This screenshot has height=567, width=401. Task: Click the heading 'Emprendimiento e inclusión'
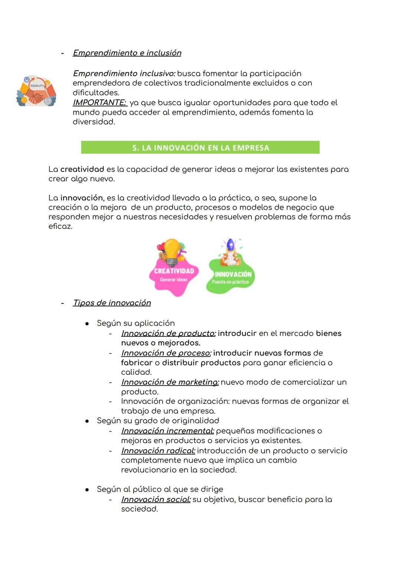tap(127, 53)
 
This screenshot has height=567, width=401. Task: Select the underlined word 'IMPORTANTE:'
tap(100, 103)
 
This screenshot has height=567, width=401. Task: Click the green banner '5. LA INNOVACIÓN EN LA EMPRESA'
tap(200, 148)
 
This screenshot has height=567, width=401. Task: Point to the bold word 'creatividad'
tap(82, 170)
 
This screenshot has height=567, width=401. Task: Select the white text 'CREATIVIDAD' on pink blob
tap(174, 271)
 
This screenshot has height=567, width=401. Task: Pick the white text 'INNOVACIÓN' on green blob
tap(233, 274)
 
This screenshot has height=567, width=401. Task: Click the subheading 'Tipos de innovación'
tap(112, 303)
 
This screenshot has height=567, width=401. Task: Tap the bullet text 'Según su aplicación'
tap(136, 323)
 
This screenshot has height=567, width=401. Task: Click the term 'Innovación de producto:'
tap(168, 334)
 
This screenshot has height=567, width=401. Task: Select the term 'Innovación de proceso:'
tap(166, 353)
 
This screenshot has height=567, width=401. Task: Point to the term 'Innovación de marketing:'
tap(170, 382)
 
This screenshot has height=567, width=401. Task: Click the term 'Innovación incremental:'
tap(167, 431)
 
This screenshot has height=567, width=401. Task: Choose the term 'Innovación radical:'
tap(158, 451)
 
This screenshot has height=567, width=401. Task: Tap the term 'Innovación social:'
tap(156, 499)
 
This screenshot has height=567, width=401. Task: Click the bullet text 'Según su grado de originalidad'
tap(158, 421)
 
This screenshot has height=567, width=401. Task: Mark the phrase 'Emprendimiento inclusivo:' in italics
tap(124, 74)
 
